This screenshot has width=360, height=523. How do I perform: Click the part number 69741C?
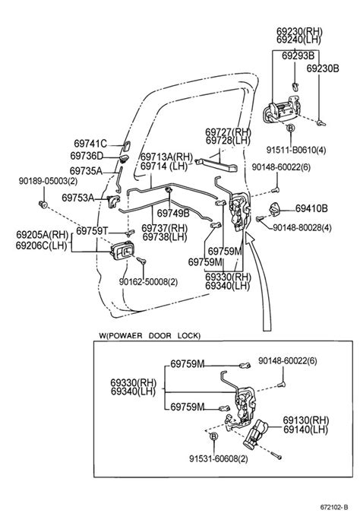pyautogui.click(x=90, y=144)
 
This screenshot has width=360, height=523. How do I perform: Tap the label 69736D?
pyautogui.click(x=87, y=156)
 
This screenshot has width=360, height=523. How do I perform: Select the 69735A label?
pyautogui.click(x=86, y=171)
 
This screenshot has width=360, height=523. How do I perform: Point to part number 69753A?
pyautogui.click(x=78, y=198)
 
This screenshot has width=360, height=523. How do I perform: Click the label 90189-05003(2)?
pyautogui.click(x=48, y=181)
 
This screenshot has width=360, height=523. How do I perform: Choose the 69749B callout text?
pyautogui.click(x=173, y=213)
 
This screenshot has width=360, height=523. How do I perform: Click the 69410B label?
pyautogui.click(x=311, y=208)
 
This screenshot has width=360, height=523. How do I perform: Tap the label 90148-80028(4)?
pyautogui.click(x=302, y=228)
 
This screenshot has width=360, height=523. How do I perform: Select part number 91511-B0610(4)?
pyautogui.click(x=296, y=150)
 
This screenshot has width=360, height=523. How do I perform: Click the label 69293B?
pyautogui.click(x=298, y=55)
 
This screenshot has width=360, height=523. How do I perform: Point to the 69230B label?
pyautogui.click(x=323, y=68)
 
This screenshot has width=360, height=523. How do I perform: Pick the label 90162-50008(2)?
pyautogui.click(x=148, y=282)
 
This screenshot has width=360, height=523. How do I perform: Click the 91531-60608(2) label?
pyautogui.click(x=219, y=459)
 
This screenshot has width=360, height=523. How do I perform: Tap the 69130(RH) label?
pyautogui.click(x=305, y=420)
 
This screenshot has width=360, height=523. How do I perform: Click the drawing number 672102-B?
pyautogui.click(x=334, y=507)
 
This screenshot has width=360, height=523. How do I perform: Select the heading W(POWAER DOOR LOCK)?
pyautogui.click(x=150, y=335)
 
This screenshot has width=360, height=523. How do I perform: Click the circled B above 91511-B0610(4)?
pyautogui.click(x=291, y=128)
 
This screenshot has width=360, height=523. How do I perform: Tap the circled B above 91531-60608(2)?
pyautogui.click(x=214, y=436)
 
